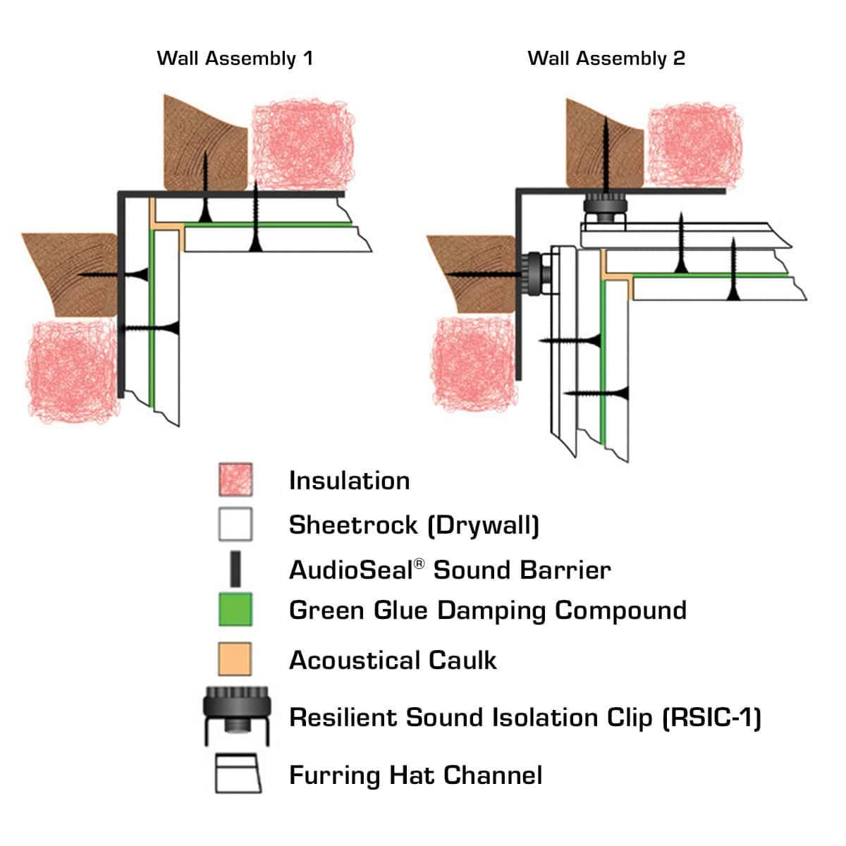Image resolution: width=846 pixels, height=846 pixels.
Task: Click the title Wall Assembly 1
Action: point(234,58)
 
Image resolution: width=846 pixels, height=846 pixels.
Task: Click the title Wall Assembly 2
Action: point(606,58)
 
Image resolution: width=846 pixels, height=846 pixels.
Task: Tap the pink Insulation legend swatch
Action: point(235,480)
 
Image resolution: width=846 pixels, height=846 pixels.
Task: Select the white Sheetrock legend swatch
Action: point(235,525)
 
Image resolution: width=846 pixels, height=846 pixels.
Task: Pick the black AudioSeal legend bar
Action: point(235,569)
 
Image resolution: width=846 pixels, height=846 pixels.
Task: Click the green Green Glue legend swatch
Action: point(235,610)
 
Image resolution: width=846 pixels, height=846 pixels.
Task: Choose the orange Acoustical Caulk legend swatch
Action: point(235,659)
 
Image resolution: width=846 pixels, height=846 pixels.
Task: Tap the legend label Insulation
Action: point(349,481)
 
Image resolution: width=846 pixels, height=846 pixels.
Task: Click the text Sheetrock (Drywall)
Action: point(414,525)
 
